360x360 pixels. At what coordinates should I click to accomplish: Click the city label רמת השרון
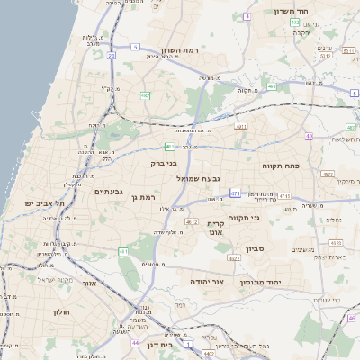click(177, 51)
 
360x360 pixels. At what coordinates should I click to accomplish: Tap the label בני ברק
click(166, 164)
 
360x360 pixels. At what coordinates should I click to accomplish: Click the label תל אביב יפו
click(41, 204)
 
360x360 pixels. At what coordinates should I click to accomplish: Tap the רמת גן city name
click(143, 197)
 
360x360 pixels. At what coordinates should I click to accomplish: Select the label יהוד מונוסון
click(261, 282)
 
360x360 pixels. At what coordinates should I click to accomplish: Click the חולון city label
click(58, 311)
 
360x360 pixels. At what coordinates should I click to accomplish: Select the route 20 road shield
click(112, 56)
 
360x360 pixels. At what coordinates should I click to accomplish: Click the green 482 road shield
click(145, 94)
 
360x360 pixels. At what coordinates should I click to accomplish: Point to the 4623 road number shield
click(234, 257)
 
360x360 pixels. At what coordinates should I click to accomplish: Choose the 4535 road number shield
click(335, 242)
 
